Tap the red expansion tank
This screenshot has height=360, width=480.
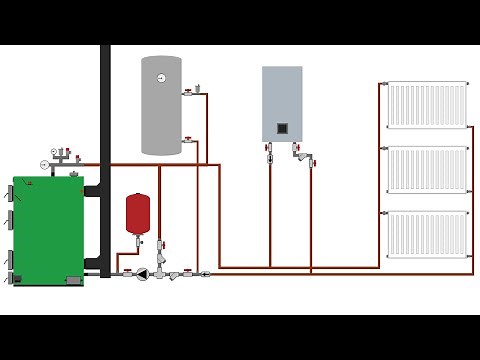point(137,213)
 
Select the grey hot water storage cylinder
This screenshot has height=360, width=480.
point(161,105)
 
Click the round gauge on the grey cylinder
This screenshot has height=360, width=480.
point(161,77)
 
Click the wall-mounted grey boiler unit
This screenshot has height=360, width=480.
point(282,103)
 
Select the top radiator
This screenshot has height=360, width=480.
point(427,105)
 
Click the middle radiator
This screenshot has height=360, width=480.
point(427,170)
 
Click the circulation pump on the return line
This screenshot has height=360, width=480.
point(146,272)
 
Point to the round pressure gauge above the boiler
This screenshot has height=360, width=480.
point(45,163)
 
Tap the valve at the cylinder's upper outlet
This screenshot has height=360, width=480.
point(188,94)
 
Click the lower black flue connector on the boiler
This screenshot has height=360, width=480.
point(94,264)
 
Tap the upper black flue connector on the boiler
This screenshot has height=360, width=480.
point(92,188)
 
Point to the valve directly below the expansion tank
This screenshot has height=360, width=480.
point(139,242)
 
